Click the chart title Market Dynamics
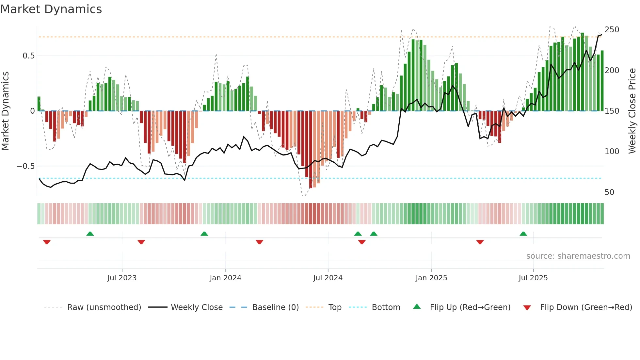51,9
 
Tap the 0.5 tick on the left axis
28,56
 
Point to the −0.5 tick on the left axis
26,166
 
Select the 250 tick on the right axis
612,30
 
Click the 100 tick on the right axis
612,152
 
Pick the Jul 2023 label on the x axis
122,278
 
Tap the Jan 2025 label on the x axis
431,278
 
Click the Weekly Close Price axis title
632,111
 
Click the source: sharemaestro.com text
578,256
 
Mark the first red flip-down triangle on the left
47,242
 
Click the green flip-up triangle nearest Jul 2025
523,234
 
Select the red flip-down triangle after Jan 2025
480,242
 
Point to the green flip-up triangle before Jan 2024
204,234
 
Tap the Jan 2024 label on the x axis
225,278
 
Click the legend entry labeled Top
335,307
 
